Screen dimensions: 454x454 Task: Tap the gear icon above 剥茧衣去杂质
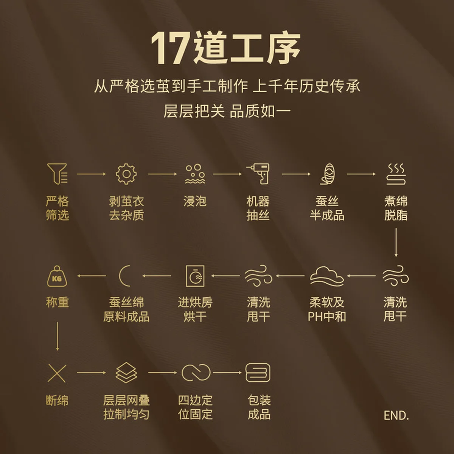click(126, 174)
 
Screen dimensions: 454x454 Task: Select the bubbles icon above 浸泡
click(195, 174)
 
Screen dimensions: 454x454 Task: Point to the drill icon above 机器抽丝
click(258, 174)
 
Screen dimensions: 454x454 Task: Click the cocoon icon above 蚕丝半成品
click(327, 174)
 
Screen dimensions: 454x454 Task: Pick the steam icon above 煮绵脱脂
click(396, 174)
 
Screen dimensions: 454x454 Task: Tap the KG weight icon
click(57, 276)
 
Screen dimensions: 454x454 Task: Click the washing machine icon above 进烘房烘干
click(195, 276)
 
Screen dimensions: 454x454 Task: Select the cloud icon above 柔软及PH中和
click(327, 276)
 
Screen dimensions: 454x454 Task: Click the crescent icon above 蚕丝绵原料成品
click(120, 276)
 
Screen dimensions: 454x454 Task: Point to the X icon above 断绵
click(57, 373)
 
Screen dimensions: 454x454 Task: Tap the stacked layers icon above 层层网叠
click(126, 373)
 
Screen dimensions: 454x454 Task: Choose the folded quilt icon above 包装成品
click(258, 373)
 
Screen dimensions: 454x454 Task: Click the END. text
click(396, 415)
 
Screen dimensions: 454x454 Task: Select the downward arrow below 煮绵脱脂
click(396, 243)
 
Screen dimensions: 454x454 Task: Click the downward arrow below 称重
click(57, 336)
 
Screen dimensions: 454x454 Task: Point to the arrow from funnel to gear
click(92, 174)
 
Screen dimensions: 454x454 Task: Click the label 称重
click(57, 302)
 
